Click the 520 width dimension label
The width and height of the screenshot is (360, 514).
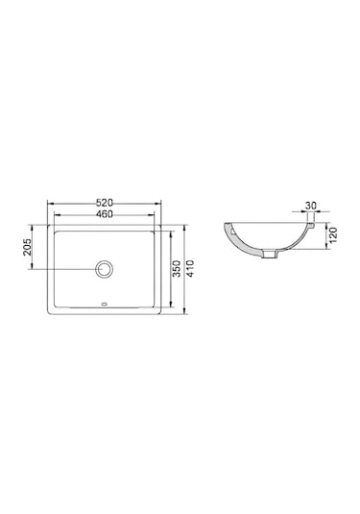tap(105, 203)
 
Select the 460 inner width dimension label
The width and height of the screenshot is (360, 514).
tap(105, 214)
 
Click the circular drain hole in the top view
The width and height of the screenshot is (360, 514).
tap(105, 269)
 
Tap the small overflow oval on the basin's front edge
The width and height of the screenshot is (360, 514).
tap(105, 308)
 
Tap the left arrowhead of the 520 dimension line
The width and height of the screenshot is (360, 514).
tap(49, 208)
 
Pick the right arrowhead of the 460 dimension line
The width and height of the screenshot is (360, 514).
tap(155, 219)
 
